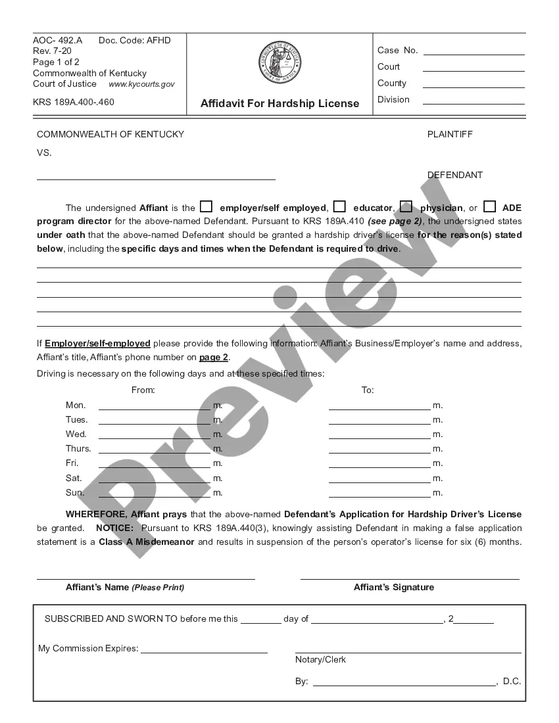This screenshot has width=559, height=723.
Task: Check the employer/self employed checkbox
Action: (206, 206)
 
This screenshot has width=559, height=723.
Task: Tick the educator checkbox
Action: (339, 206)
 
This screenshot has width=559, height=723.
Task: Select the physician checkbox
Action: (406, 206)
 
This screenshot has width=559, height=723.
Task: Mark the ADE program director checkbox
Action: (489, 206)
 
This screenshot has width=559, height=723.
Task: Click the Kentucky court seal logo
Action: (280, 63)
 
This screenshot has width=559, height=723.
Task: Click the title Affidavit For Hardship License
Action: (280, 103)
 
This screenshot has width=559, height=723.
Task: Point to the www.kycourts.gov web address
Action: (141, 84)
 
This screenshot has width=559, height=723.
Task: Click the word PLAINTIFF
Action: (450, 134)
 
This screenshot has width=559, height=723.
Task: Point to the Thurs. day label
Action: (78, 449)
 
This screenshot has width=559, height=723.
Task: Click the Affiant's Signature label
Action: (394, 587)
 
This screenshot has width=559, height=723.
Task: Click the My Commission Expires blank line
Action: (204, 651)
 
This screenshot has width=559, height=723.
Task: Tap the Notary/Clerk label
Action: (320, 659)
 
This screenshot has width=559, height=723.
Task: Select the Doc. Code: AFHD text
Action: (134, 41)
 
